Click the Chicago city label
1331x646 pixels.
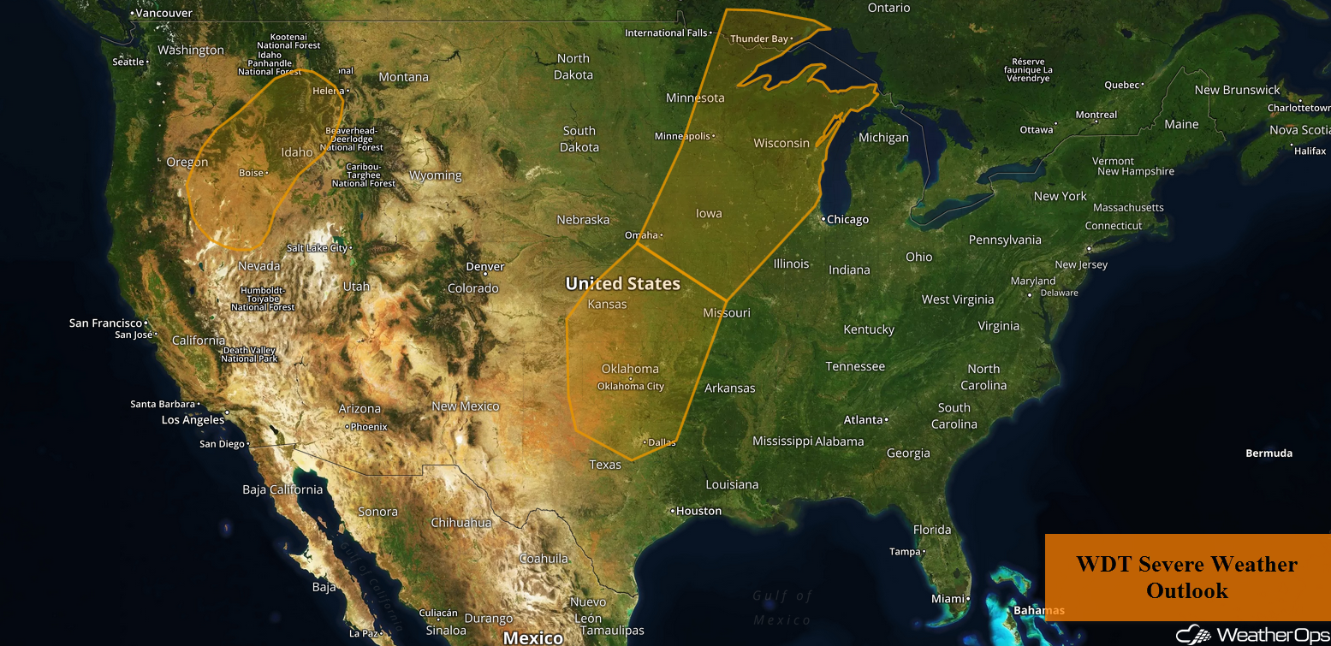[x=847, y=220]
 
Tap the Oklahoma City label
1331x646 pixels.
[x=631, y=386]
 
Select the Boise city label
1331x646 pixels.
[x=251, y=173]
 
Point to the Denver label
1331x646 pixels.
[x=484, y=267]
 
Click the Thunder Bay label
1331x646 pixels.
[x=758, y=39]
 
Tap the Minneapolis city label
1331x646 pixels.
[x=682, y=136]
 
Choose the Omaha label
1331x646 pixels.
[x=642, y=235]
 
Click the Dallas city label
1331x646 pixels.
[x=662, y=442]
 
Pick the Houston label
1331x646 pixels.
[x=698, y=511]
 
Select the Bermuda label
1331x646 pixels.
[x=1269, y=453]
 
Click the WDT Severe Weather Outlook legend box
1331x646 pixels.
[x=1186, y=577]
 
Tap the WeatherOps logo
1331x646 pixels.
[x=1252, y=635]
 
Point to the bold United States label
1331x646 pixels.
[x=622, y=284]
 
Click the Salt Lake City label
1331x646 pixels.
[x=317, y=248]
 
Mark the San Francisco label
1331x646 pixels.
[x=105, y=323]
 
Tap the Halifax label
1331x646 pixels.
[x=1310, y=151]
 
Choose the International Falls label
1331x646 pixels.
[x=666, y=33]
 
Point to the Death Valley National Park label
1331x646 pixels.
[x=250, y=354]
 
